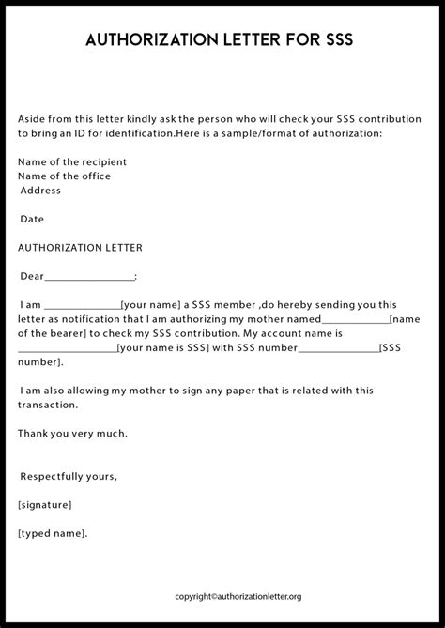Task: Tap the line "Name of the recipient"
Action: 72,162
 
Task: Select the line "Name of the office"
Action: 64,176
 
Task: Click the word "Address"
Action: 40,191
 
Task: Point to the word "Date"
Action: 32,219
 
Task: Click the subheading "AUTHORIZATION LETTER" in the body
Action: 80,248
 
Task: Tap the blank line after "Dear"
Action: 89,278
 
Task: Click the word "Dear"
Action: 32,276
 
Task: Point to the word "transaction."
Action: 48,405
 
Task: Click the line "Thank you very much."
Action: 72,433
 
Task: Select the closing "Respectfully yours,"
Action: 69,476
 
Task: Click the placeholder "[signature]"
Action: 45,505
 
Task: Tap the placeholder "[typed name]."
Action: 53,533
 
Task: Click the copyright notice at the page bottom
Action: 238,596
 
